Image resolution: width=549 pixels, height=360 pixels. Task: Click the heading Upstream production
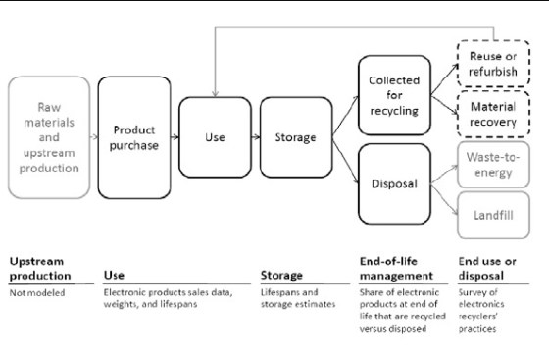pos(37,267)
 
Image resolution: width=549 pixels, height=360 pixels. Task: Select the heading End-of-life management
pos(391,267)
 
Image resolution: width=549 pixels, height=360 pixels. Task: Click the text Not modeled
pos(33,291)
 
